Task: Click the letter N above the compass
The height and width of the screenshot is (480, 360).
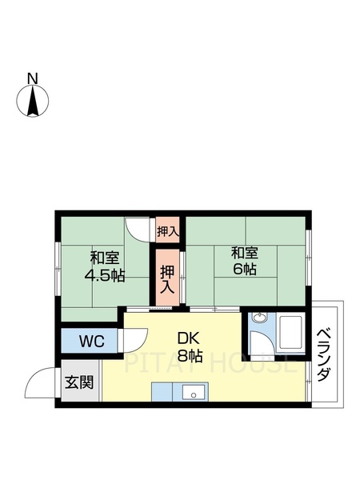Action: (x=32, y=78)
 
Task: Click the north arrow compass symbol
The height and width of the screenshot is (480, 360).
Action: (x=32, y=102)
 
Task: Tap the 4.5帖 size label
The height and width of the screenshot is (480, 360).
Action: (x=104, y=275)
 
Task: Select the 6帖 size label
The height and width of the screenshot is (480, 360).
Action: (x=245, y=270)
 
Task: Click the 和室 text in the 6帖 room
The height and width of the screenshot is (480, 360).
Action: (x=245, y=253)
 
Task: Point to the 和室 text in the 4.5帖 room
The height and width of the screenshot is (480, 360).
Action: (x=104, y=258)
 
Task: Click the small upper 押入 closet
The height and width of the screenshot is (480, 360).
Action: (x=167, y=231)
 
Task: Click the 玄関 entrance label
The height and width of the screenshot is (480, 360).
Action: (x=78, y=382)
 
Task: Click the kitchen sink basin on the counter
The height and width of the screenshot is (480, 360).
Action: (x=192, y=392)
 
